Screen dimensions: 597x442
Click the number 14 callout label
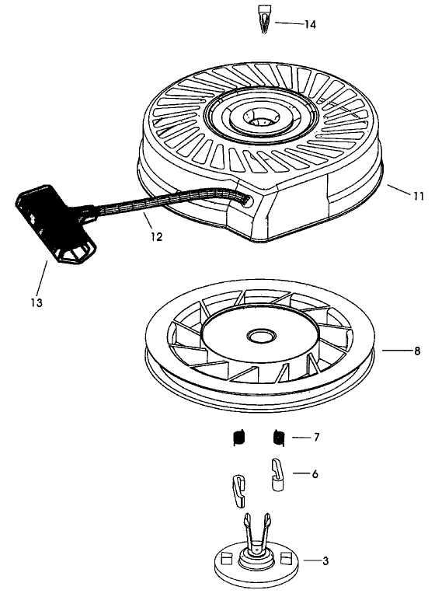(309, 25)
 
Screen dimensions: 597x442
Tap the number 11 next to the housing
(418, 197)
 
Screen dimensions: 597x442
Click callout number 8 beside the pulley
(417, 351)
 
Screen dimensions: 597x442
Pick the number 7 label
(316, 438)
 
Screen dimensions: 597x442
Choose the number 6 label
(315, 473)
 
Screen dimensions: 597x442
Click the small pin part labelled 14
(262, 17)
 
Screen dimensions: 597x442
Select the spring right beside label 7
(277, 438)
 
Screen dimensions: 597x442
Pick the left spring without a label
(239, 439)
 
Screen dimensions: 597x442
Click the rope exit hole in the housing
(247, 200)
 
